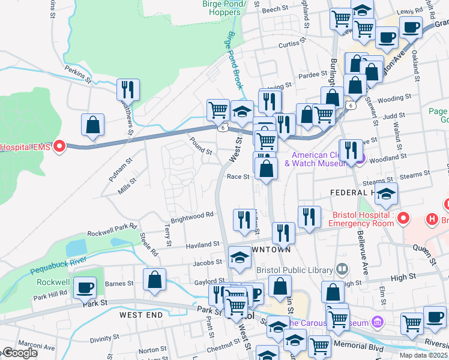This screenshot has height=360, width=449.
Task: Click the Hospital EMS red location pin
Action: [x=59, y=146]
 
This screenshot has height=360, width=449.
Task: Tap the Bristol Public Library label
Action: [x=295, y=269]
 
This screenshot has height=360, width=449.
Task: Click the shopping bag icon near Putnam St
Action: [x=93, y=125]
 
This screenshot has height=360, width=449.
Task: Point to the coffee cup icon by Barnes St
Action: [x=85, y=287]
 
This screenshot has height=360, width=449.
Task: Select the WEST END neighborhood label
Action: [x=141, y=314]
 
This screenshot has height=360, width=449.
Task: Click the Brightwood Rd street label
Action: [x=192, y=215]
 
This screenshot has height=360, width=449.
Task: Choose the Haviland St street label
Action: [x=202, y=245]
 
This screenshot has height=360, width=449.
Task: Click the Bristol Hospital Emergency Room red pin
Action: [x=403, y=218]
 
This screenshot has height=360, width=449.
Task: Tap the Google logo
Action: [x=20, y=353]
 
